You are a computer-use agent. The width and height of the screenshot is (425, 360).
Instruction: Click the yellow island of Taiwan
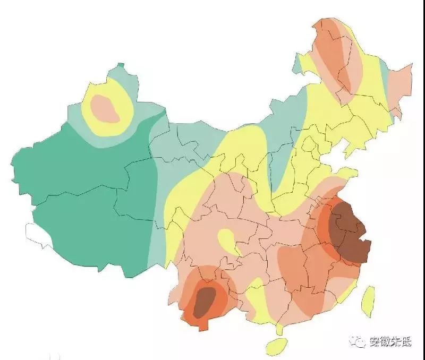(x=368, y=300)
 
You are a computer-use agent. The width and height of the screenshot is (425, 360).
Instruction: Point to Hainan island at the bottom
(x=276, y=346)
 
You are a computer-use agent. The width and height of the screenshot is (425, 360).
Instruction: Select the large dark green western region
(x=80, y=202)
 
